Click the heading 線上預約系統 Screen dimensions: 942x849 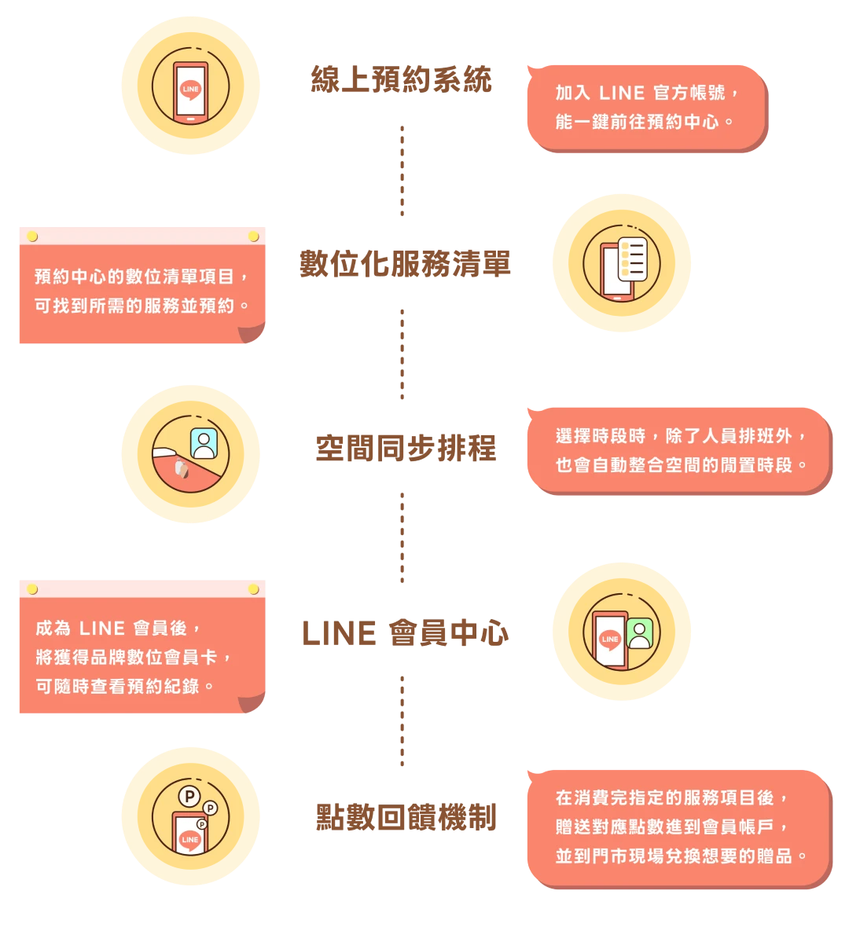(402, 80)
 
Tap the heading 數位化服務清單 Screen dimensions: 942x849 (405, 264)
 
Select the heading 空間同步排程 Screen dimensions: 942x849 (406, 449)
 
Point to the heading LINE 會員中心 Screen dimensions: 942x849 (405, 633)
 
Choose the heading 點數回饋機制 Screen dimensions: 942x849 (406, 818)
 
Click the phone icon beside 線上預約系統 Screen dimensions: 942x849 (191, 91)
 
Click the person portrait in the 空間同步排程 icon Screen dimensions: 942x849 (204, 444)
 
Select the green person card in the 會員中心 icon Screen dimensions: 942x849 (640, 633)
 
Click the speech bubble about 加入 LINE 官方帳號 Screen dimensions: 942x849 (645, 108)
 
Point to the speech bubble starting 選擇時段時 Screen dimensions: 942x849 (677, 450)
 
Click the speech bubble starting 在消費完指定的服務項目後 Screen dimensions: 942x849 (677, 827)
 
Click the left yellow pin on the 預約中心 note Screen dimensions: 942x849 (32, 236)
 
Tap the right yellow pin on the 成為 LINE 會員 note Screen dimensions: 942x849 (253, 589)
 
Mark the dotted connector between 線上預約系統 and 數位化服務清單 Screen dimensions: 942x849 (402, 173)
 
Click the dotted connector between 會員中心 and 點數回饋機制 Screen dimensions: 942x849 (402, 719)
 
